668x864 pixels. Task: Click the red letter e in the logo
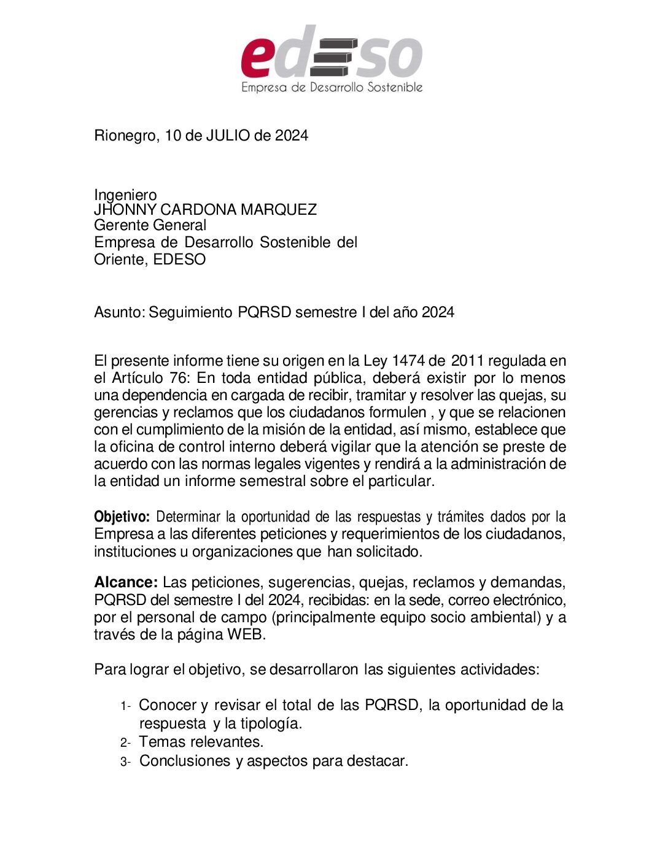(x=257, y=58)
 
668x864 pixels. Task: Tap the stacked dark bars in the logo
(x=333, y=57)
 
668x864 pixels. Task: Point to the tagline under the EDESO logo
(x=332, y=87)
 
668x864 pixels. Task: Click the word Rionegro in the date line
(x=125, y=136)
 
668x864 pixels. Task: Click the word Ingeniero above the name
(x=125, y=195)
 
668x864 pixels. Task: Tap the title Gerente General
(x=150, y=225)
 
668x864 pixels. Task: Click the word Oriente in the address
(x=120, y=260)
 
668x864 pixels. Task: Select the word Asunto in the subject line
(x=118, y=312)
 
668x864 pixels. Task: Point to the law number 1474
(x=408, y=361)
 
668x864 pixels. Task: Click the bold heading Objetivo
(x=122, y=517)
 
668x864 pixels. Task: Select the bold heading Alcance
(x=126, y=582)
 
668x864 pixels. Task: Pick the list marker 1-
(x=126, y=706)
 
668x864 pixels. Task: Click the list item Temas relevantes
(x=201, y=742)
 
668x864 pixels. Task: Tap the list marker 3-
(x=126, y=762)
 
